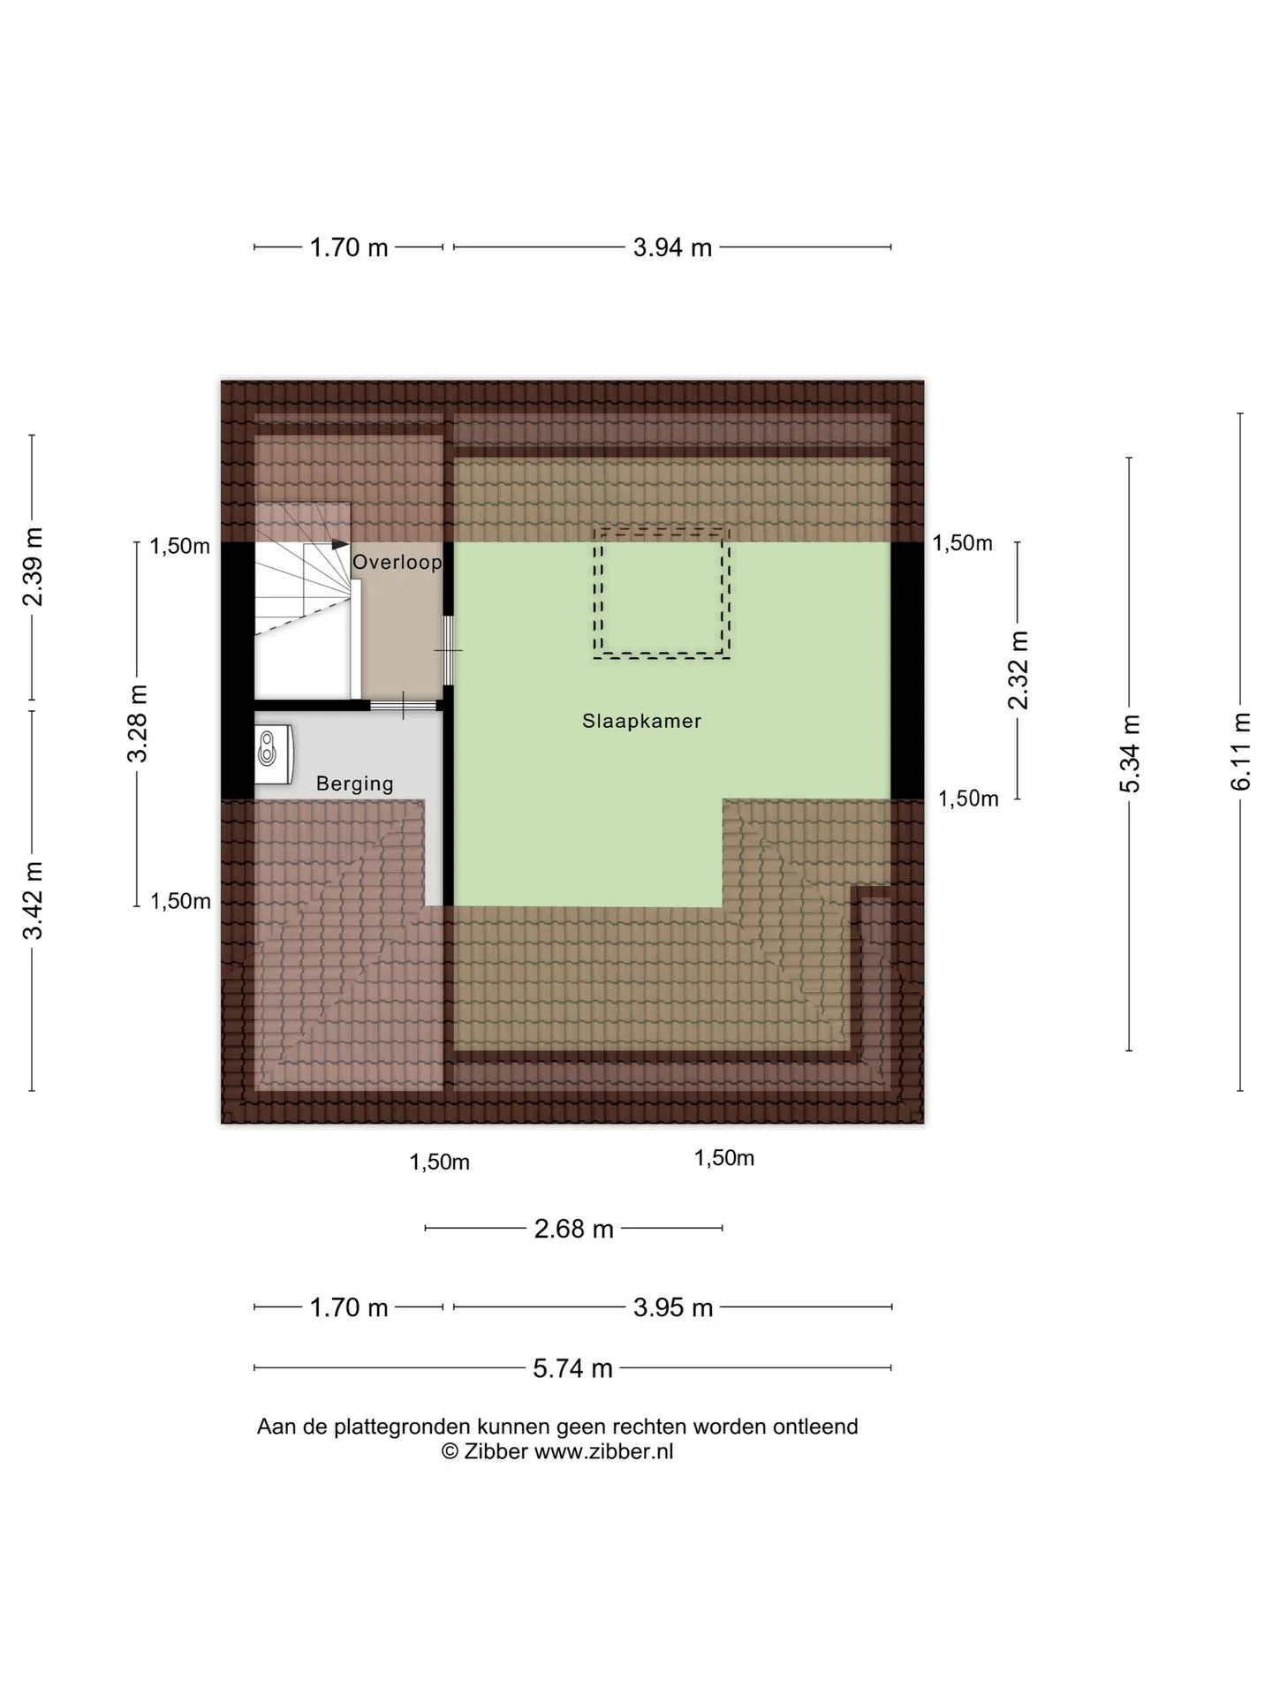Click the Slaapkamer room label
[x=641, y=721]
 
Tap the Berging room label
[x=355, y=784]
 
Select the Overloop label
[x=397, y=562]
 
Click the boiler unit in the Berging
[x=274, y=753]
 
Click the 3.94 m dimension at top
[x=672, y=247]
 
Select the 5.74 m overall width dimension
[x=572, y=1367]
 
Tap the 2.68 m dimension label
[x=573, y=1228]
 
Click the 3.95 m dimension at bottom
[x=673, y=1306]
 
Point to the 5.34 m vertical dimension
[x=1130, y=754]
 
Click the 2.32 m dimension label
[x=1018, y=670]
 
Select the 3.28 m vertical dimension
[x=138, y=723]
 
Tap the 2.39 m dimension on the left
[x=33, y=567]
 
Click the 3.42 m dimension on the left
[x=33, y=901]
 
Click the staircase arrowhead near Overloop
[x=340, y=545]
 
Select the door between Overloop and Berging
[x=404, y=705]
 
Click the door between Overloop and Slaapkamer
[x=448, y=650]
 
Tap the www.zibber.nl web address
[x=603, y=1450]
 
